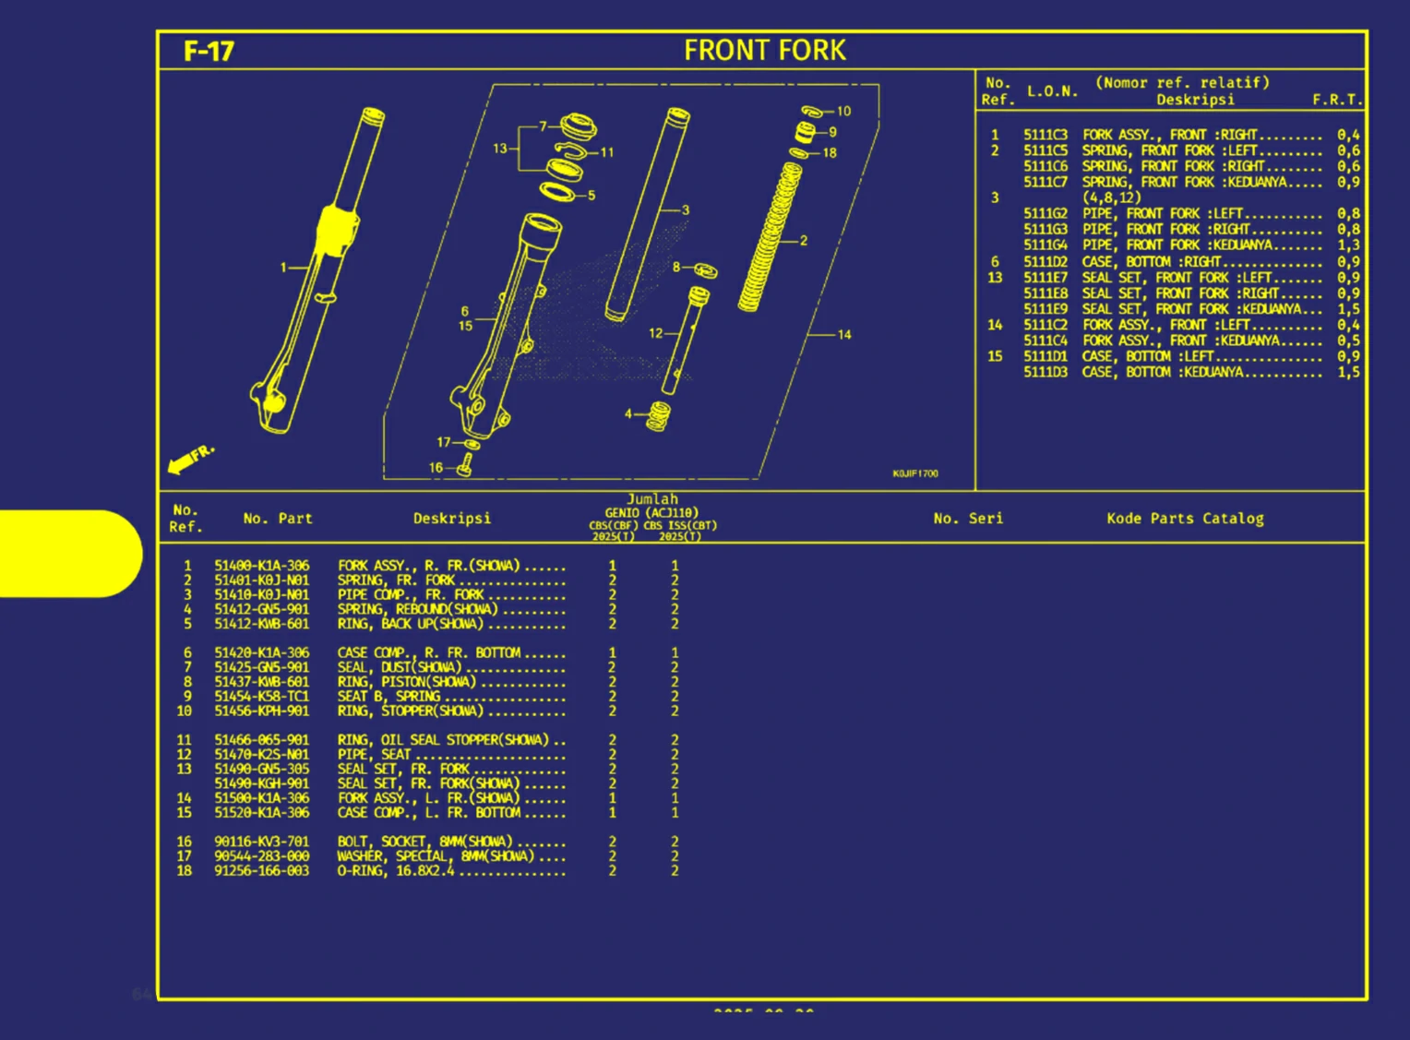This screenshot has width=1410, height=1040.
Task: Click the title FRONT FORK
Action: tap(764, 51)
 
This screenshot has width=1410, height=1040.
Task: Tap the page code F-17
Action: tap(209, 52)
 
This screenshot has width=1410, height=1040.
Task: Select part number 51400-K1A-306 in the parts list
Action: tap(262, 566)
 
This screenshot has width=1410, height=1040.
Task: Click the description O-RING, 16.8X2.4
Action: tap(396, 871)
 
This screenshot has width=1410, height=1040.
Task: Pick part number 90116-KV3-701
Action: tap(262, 842)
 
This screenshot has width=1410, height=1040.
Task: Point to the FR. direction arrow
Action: tap(190, 459)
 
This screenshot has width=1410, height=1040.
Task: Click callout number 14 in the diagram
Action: tap(844, 334)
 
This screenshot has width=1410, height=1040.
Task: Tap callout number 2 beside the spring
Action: tap(804, 240)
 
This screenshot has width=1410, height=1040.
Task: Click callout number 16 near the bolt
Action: tap(436, 468)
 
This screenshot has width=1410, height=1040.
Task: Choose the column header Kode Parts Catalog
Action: tap(1185, 519)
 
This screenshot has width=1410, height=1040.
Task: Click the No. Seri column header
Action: tap(968, 519)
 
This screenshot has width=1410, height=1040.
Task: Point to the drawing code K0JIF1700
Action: tap(915, 473)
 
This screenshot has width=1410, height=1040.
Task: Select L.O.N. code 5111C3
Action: tap(1045, 135)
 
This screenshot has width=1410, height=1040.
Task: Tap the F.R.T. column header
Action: tap(1337, 100)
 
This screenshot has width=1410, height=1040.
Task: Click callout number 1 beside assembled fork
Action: tap(283, 268)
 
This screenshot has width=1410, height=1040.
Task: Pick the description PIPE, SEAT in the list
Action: tap(374, 754)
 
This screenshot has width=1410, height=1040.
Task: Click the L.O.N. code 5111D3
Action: tap(1045, 372)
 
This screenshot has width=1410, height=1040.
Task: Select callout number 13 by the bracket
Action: tap(499, 148)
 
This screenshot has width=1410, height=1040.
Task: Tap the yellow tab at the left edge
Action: tap(70, 554)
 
